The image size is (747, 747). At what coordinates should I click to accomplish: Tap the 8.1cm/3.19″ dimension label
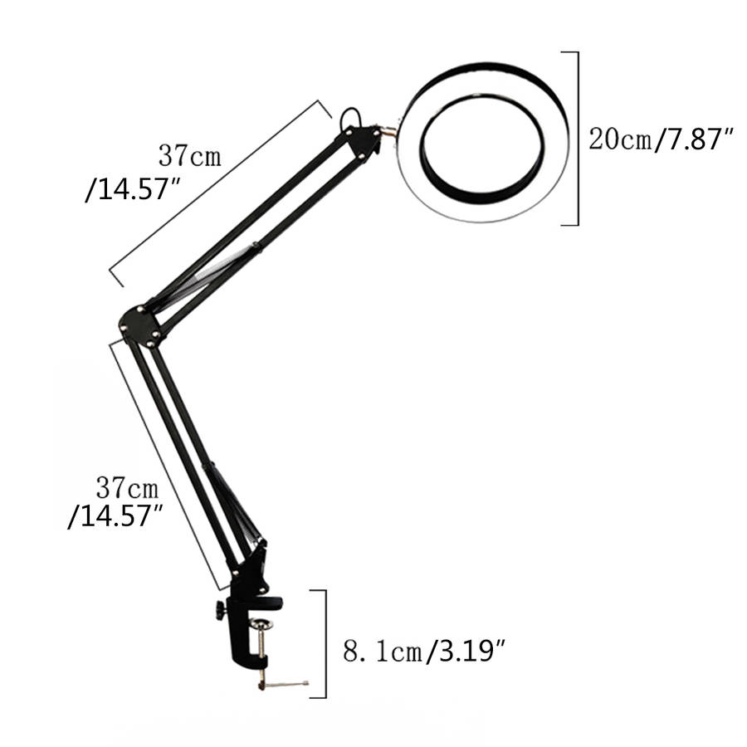pyautogui.click(x=424, y=651)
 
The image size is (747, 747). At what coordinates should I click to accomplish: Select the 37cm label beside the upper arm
pyautogui.click(x=190, y=156)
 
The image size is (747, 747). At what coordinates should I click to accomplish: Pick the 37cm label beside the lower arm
pyautogui.click(x=127, y=487)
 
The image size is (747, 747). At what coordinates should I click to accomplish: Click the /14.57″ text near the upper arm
pyautogui.click(x=133, y=189)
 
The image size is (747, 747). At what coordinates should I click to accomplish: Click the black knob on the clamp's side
pyautogui.click(x=220, y=610)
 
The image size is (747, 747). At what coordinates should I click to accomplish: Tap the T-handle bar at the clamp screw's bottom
pyautogui.click(x=284, y=685)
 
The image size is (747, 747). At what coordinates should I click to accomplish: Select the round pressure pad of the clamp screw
pyautogui.click(x=262, y=623)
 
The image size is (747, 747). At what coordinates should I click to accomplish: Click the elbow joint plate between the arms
pyautogui.click(x=140, y=325)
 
